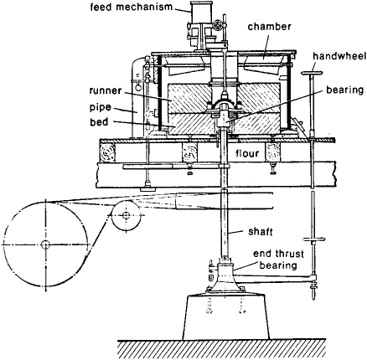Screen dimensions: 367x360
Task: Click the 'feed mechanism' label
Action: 131,7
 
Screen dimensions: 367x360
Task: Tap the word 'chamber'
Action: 270,27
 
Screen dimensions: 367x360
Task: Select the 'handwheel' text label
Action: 339,56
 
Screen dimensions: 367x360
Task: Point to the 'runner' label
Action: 106,90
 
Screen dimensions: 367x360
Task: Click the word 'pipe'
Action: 101,108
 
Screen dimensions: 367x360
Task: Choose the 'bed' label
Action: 99,122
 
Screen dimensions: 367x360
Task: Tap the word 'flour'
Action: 247,153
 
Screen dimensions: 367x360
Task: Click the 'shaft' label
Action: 261,232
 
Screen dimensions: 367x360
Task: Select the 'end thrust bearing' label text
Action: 278,260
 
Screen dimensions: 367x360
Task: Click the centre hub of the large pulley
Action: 45,244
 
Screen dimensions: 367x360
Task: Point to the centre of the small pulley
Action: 126,215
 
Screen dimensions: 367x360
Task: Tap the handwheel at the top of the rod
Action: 312,73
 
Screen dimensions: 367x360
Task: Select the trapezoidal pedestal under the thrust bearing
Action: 226,316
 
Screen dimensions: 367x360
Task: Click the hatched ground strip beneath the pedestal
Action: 221,349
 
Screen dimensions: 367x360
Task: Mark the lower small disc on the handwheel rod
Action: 314,239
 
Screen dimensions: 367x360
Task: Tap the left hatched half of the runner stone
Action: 189,98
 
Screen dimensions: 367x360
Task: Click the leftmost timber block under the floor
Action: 107,153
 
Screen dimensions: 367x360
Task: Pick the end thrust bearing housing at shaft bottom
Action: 225,275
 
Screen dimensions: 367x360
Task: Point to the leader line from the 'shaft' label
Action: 237,232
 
